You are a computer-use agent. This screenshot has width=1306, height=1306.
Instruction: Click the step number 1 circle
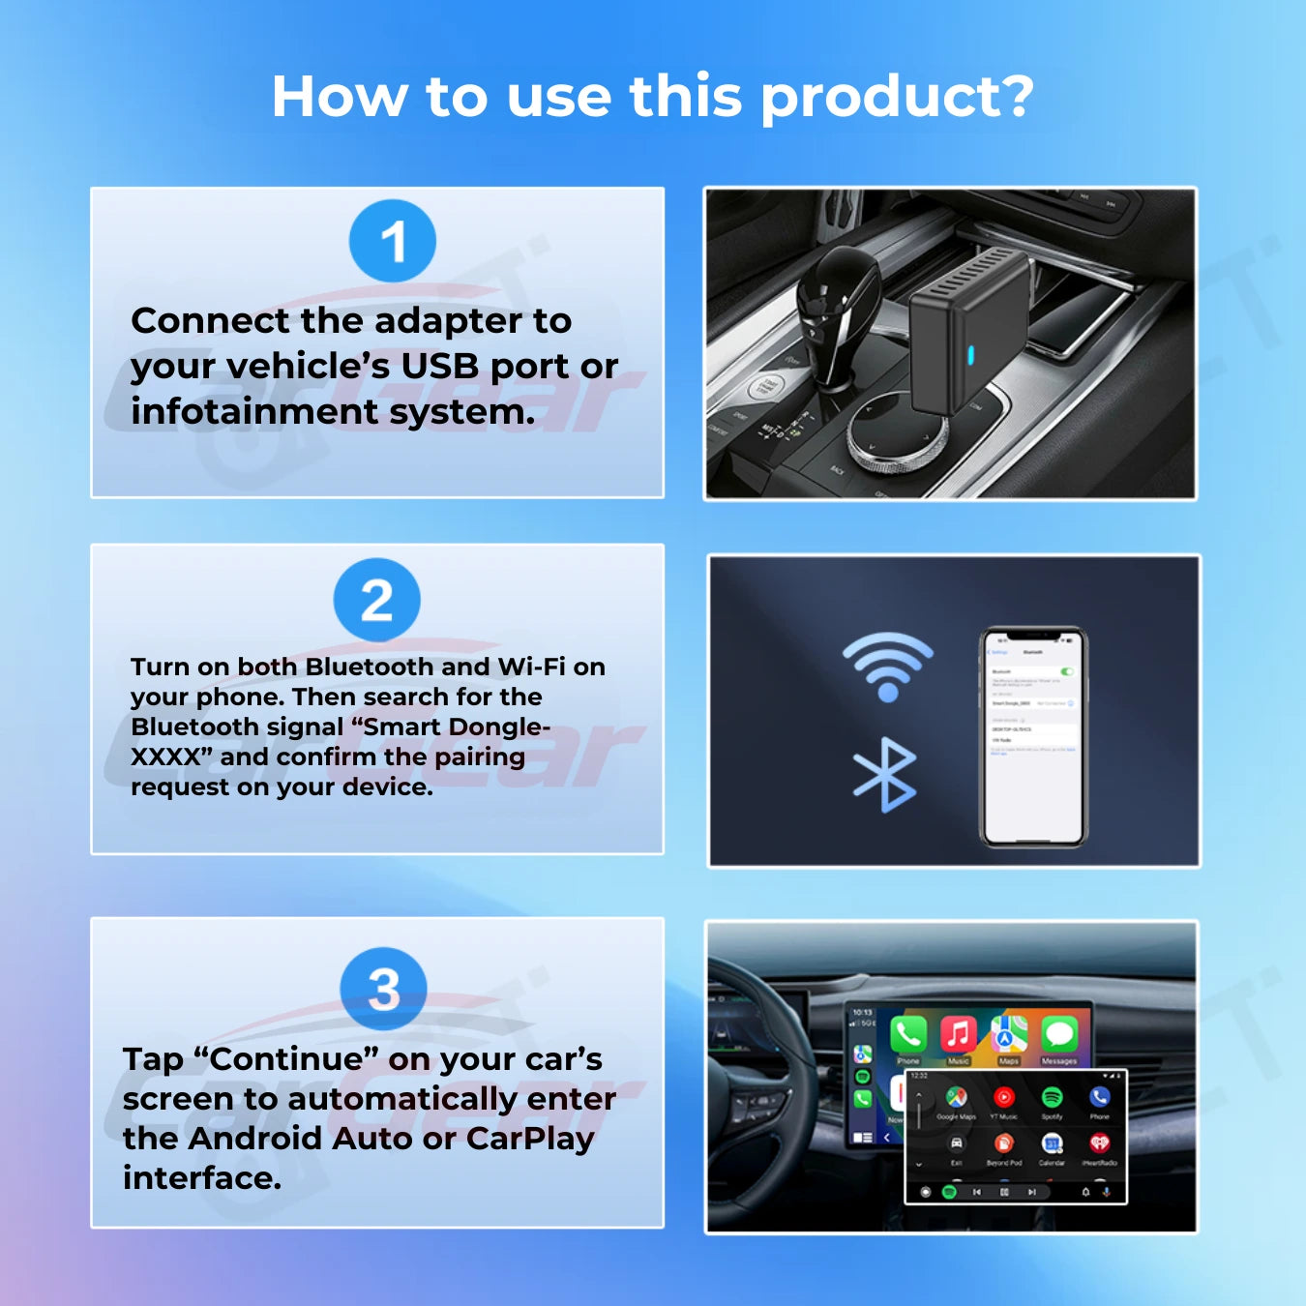[x=393, y=241]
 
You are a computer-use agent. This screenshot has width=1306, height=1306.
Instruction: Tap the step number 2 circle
[x=376, y=600]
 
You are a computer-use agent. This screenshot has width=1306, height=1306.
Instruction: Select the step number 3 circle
[x=383, y=988]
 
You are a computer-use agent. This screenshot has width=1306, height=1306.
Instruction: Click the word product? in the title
[x=897, y=99]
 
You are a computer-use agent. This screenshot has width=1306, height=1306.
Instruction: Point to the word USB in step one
[x=441, y=367]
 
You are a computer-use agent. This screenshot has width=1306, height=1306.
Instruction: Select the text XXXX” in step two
[x=171, y=757]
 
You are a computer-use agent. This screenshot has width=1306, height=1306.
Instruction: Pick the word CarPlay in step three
[x=530, y=1139]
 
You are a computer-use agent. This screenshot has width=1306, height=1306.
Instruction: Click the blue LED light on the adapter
[x=970, y=354]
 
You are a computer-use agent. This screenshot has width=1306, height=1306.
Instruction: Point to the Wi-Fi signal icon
[x=887, y=666]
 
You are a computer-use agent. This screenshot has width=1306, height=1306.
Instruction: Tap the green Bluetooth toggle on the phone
[x=1067, y=670]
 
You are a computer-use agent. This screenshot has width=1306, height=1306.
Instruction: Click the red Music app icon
[x=958, y=1034]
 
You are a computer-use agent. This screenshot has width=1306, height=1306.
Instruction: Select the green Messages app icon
[x=1059, y=1034]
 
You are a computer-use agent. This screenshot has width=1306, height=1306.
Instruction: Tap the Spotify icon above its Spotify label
[x=1052, y=1097]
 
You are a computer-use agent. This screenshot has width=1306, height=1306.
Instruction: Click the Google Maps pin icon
[x=956, y=1097]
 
